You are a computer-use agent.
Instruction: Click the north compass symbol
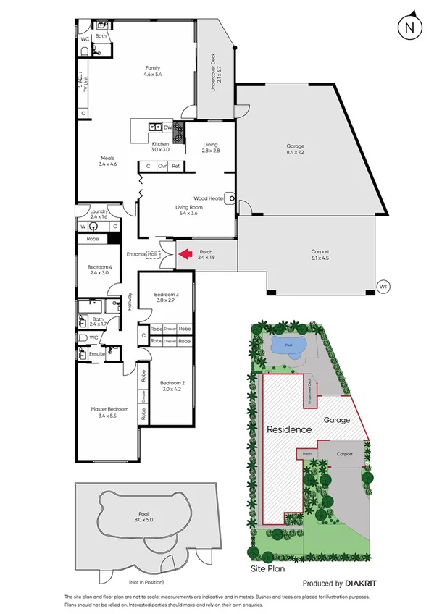[409, 28]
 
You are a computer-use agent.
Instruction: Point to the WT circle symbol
[383, 287]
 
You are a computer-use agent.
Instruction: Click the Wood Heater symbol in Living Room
[230, 197]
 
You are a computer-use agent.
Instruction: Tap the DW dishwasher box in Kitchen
[167, 127]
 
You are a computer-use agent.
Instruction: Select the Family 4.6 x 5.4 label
[152, 71]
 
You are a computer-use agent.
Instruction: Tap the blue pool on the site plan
[288, 346]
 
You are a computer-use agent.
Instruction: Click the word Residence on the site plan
[289, 429]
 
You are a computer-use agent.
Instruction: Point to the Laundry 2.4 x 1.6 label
[99, 214]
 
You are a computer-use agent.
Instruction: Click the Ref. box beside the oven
[176, 166]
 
